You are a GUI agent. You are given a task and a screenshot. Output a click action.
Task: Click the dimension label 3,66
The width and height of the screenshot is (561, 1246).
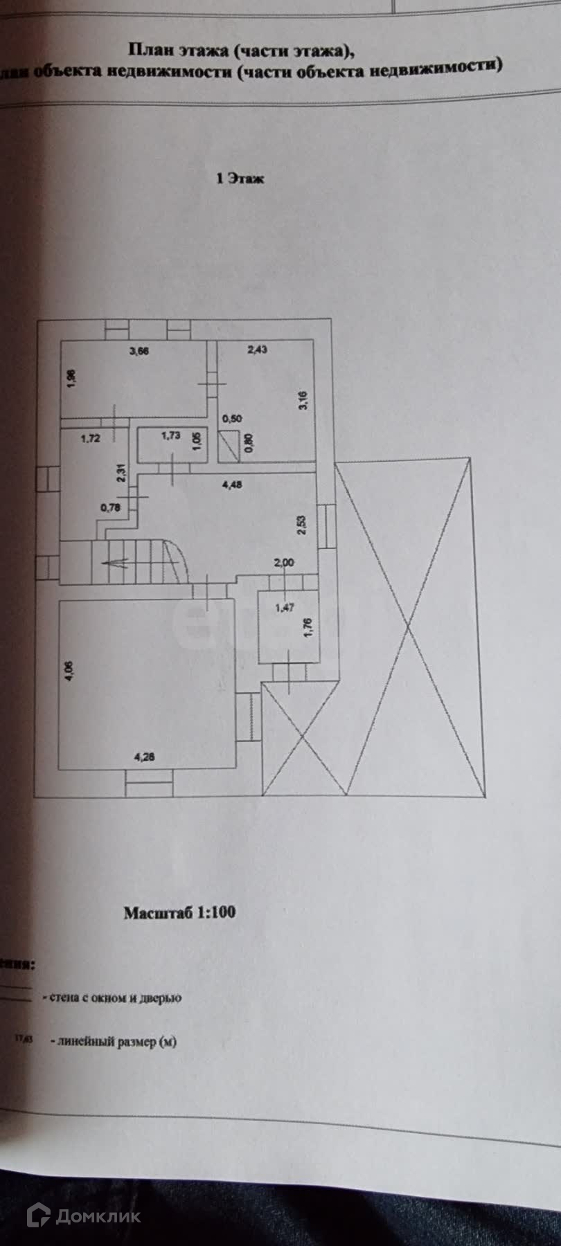click(139, 350)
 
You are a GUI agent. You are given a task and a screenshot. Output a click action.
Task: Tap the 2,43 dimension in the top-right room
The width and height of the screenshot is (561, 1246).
click(257, 350)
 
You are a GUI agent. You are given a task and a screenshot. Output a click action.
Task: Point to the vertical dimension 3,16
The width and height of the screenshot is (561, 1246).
click(303, 400)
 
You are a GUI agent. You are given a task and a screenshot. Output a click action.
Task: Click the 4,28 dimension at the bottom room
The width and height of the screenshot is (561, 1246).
click(143, 757)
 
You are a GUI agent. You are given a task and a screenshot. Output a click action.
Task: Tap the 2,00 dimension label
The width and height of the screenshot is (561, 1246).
click(284, 562)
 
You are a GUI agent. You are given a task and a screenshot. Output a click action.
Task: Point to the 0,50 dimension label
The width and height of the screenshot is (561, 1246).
click(232, 418)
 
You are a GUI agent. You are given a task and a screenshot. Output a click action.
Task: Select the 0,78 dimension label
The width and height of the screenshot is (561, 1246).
click(109, 507)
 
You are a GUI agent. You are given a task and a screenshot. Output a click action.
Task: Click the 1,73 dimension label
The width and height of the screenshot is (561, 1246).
click(170, 435)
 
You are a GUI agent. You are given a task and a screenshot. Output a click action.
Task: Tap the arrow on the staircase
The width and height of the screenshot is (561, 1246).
click(114, 562)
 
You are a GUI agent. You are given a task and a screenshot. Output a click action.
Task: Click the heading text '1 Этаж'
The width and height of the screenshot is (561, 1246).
click(240, 179)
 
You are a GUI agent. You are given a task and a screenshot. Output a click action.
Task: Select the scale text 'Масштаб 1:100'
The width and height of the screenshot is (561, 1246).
click(179, 912)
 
